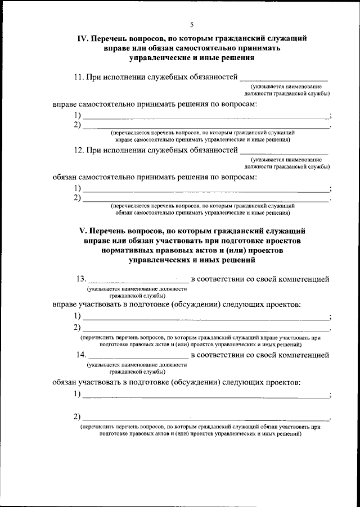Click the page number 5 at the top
pyautogui.click(x=191, y=25)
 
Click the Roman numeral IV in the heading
pyautogui.click(x=82, y=39)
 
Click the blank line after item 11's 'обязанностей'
pyautogui.click(x=284, y=78)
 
